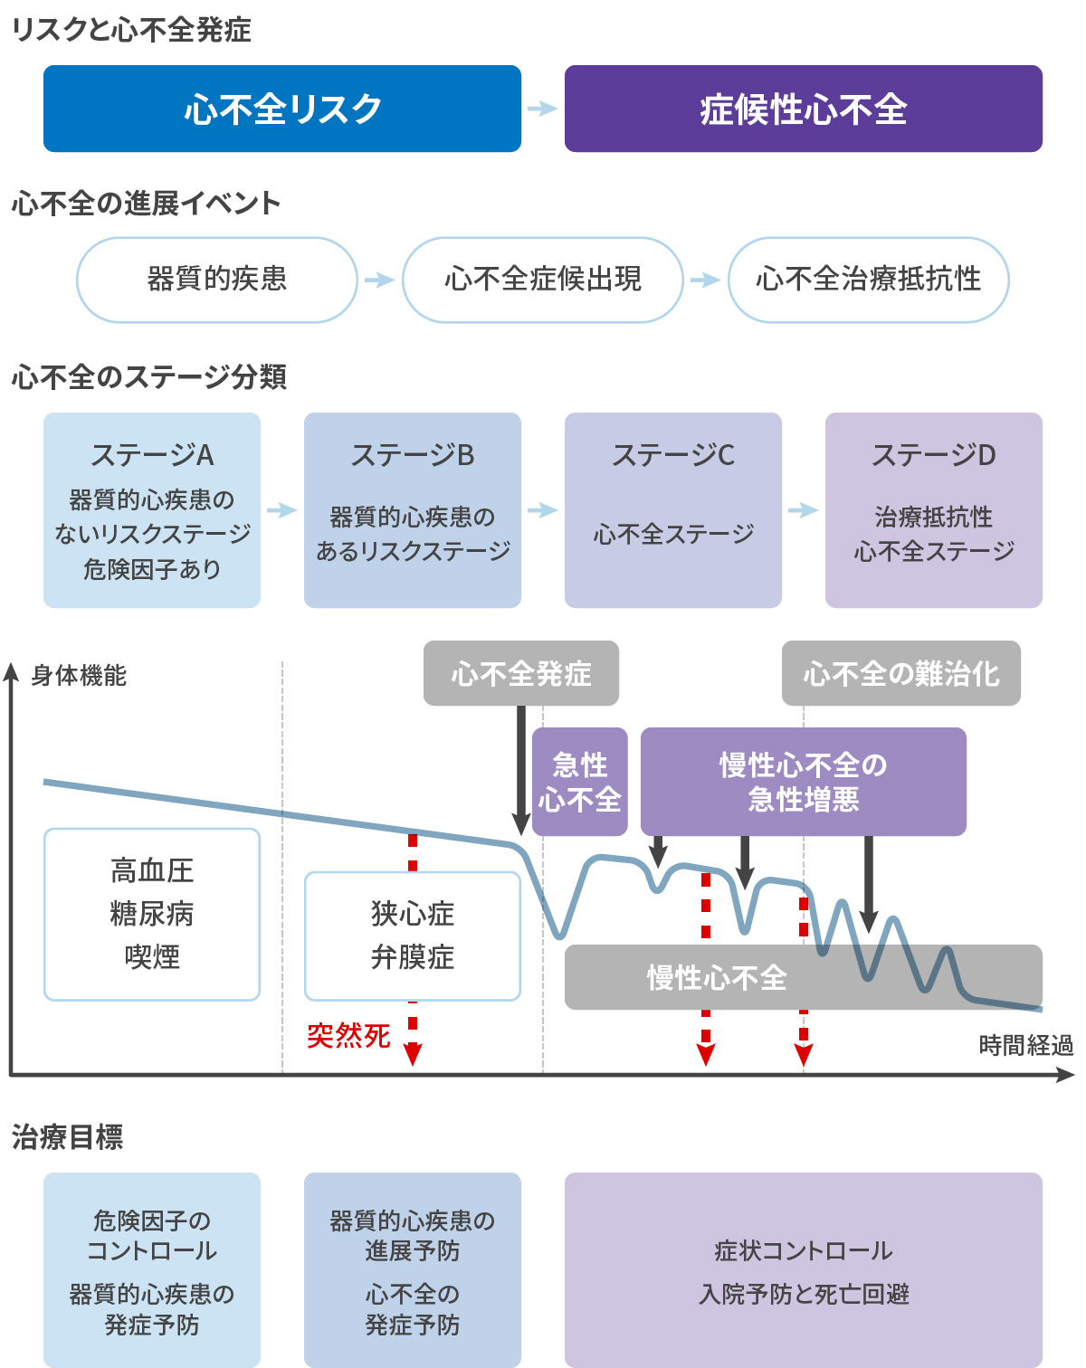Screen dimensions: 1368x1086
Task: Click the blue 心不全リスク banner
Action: click(282, 109)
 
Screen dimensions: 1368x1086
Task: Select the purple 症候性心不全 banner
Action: click(803, 109)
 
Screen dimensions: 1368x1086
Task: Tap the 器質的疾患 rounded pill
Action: click(217, 280)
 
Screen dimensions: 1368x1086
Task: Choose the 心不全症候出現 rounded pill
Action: click(542, 280)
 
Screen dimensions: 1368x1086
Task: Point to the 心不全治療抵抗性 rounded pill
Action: click(868, 280)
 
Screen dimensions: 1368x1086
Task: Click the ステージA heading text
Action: click(152, 455)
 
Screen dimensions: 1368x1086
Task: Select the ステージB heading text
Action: click(413, 455)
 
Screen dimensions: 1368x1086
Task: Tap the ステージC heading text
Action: click(673, 455)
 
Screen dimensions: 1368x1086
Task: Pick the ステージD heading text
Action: click(933, 455)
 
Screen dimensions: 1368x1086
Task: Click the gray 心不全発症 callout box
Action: click(521, 673)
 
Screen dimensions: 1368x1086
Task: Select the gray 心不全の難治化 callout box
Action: click(900, 673)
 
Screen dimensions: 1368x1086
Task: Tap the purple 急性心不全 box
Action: click(580, 782)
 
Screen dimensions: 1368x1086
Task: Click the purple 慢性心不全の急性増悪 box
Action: click(803, 782)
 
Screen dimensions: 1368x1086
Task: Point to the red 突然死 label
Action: click(348, 1036)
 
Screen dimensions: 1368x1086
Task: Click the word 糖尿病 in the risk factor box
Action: click(152, 914)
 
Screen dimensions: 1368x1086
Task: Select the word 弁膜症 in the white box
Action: click(413, 957)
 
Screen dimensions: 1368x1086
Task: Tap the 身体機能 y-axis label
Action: click(79, 676)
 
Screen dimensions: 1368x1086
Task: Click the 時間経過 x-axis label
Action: click(1025, 1046)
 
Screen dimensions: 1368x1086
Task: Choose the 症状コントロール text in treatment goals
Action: click(803, 1251)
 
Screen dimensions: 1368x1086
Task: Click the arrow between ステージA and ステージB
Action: click(282, 510)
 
